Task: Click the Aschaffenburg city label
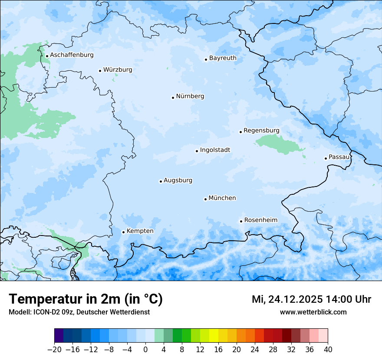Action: (x=72, y=55)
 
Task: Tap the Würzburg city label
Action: (x=118, y=70)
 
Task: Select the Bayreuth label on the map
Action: (x=223, y=58)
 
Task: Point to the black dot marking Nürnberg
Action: (x=173, y=98)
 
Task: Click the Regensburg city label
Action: (x=261, y=131)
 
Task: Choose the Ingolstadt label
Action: (x=215, y=150)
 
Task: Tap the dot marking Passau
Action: (x=326, y=158)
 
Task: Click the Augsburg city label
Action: (x=178, y=180)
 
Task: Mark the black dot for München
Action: (x=205, y=200)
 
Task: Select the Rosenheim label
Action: (x=260, y=220)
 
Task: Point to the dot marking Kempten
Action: (x=123, y=232)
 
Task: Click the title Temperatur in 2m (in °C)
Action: (x=86, y=299)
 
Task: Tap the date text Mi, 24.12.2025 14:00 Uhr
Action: (x=311, y=299)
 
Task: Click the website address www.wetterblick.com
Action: (x=313, y=312)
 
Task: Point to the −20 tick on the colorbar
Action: (x=54, y=350)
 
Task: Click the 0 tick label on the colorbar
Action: (x=145, y=350)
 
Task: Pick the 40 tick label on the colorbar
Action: (x=328, y=350)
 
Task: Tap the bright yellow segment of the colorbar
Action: (x=214, y=336)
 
